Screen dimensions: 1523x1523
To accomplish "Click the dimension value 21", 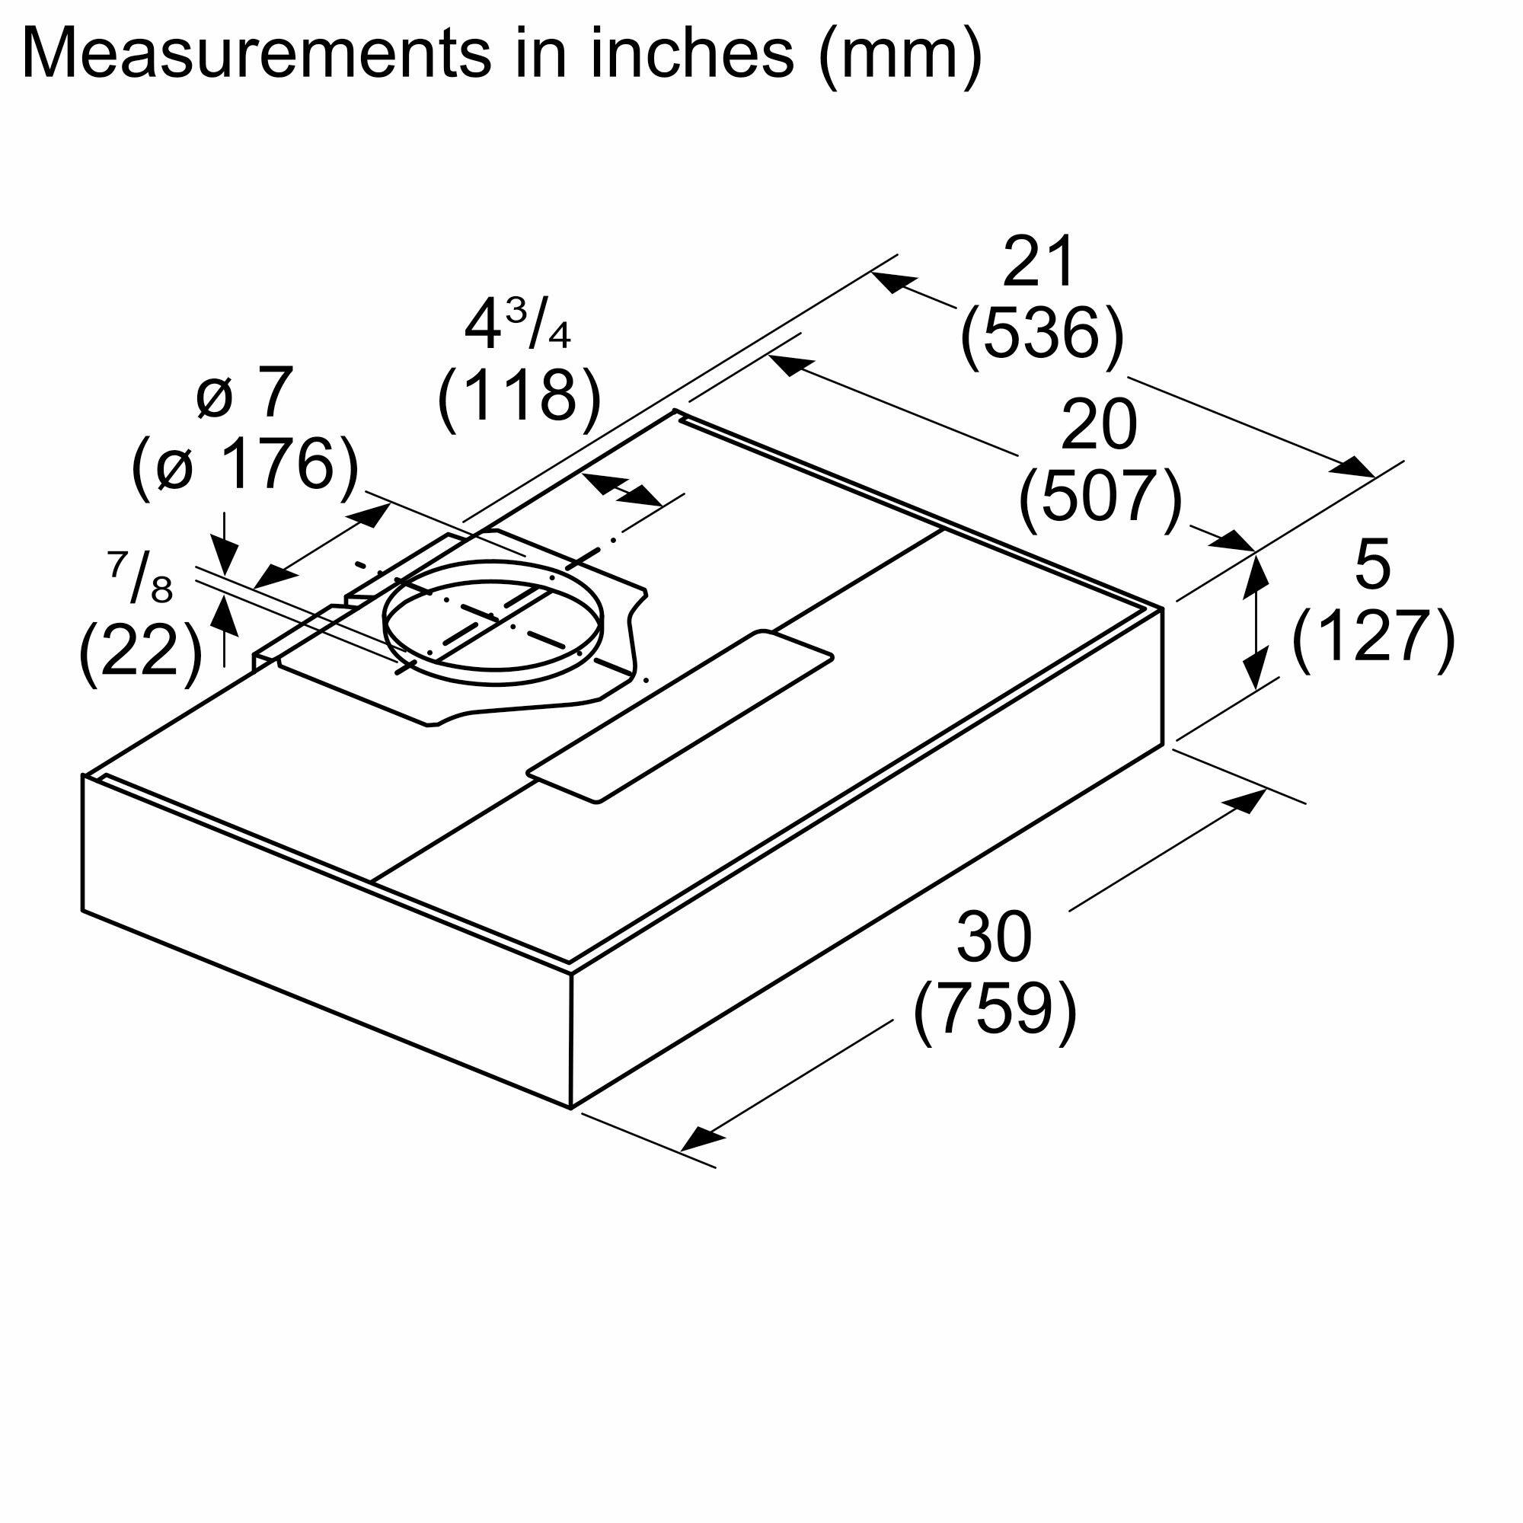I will point(1039,262).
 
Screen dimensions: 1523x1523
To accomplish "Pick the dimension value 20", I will point(1099,426).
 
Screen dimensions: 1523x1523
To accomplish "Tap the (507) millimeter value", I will point(1100,497).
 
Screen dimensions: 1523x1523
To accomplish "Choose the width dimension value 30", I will point(993,937).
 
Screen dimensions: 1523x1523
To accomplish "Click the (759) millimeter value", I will point(995,1010).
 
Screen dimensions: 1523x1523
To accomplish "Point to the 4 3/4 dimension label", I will point(517,326).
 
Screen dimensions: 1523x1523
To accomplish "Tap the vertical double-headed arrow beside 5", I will point(1256,620).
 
